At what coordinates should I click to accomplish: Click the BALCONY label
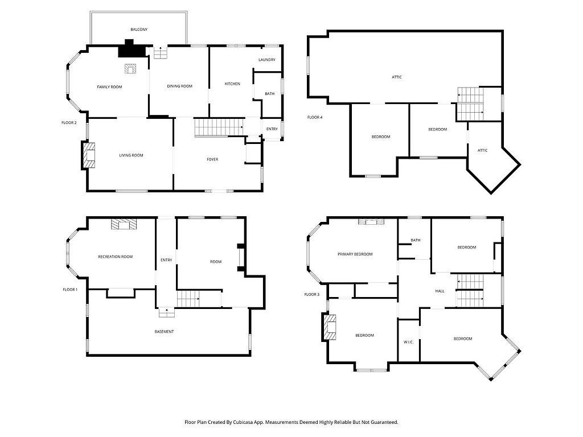click(139, 30)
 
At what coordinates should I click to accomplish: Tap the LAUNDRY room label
click(267, 60)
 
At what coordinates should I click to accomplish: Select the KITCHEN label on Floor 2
click(232, 84)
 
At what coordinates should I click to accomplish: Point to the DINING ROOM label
click(179, 86)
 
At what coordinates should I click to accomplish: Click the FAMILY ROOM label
click(109, 87)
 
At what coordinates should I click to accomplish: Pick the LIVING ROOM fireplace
click(88, 155)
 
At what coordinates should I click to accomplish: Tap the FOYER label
click(212, 159)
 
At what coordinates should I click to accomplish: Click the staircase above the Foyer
click(219, 127)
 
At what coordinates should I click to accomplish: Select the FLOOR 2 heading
click(69, 123)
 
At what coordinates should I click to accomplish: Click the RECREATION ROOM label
click(115, 257)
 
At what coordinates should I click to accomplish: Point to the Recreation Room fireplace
click(124, 224)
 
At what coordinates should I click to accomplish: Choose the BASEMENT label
click(164, 332)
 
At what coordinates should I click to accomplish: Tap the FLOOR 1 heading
click(70, 290)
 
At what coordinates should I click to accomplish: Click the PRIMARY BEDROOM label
click(355, 254)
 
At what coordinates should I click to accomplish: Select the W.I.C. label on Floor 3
click(409, 342)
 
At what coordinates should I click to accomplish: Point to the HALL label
click(440, 291)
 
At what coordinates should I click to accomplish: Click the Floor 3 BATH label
click(416, 241)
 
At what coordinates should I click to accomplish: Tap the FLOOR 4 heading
click(315, 117)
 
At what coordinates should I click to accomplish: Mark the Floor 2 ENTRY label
click(272, 129)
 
